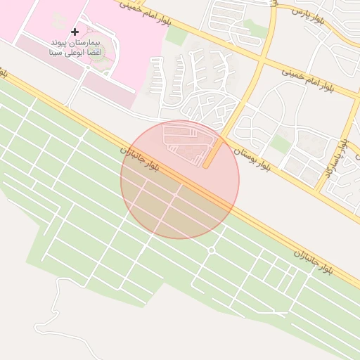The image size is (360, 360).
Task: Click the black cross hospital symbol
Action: click(75, 32)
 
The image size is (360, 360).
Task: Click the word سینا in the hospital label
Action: click(57, 53)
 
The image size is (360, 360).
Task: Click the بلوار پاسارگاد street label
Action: click(335, 158)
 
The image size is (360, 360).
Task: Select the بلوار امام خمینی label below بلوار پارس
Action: click(309, 79)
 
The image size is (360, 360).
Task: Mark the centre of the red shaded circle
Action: click(180, 179)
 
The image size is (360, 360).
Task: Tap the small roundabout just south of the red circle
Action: click(211, 250)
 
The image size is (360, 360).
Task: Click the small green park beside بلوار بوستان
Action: click(281, 143)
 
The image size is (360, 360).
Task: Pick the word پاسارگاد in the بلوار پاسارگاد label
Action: click(333, 164)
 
